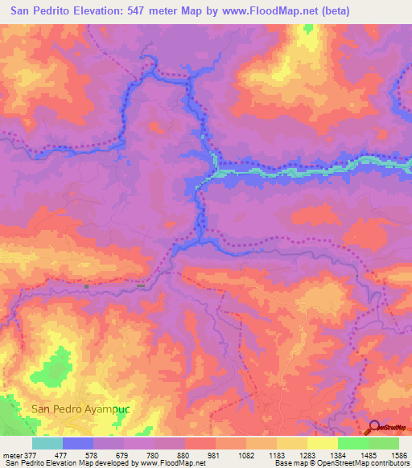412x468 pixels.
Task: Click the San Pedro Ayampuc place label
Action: coord(80,408)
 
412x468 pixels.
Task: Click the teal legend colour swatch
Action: coord(47,443)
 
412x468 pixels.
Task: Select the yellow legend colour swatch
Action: coord(322,443)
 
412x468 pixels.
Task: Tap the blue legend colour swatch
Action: coord(78,443)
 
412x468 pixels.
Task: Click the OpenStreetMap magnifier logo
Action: coord(374,428)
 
